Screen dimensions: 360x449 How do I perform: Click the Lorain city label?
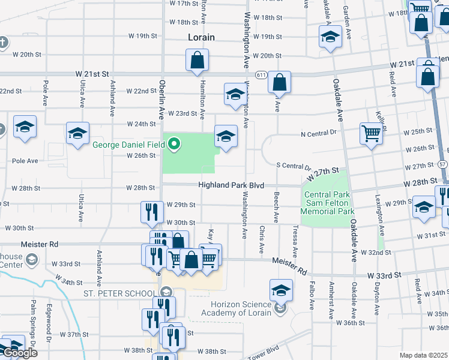201,37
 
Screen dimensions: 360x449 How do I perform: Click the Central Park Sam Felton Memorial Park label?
329,203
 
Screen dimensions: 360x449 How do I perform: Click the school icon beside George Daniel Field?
226,135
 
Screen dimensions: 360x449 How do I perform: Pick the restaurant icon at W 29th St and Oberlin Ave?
149,211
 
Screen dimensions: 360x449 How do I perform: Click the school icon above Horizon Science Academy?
280,290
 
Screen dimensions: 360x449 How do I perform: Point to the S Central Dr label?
293,166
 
